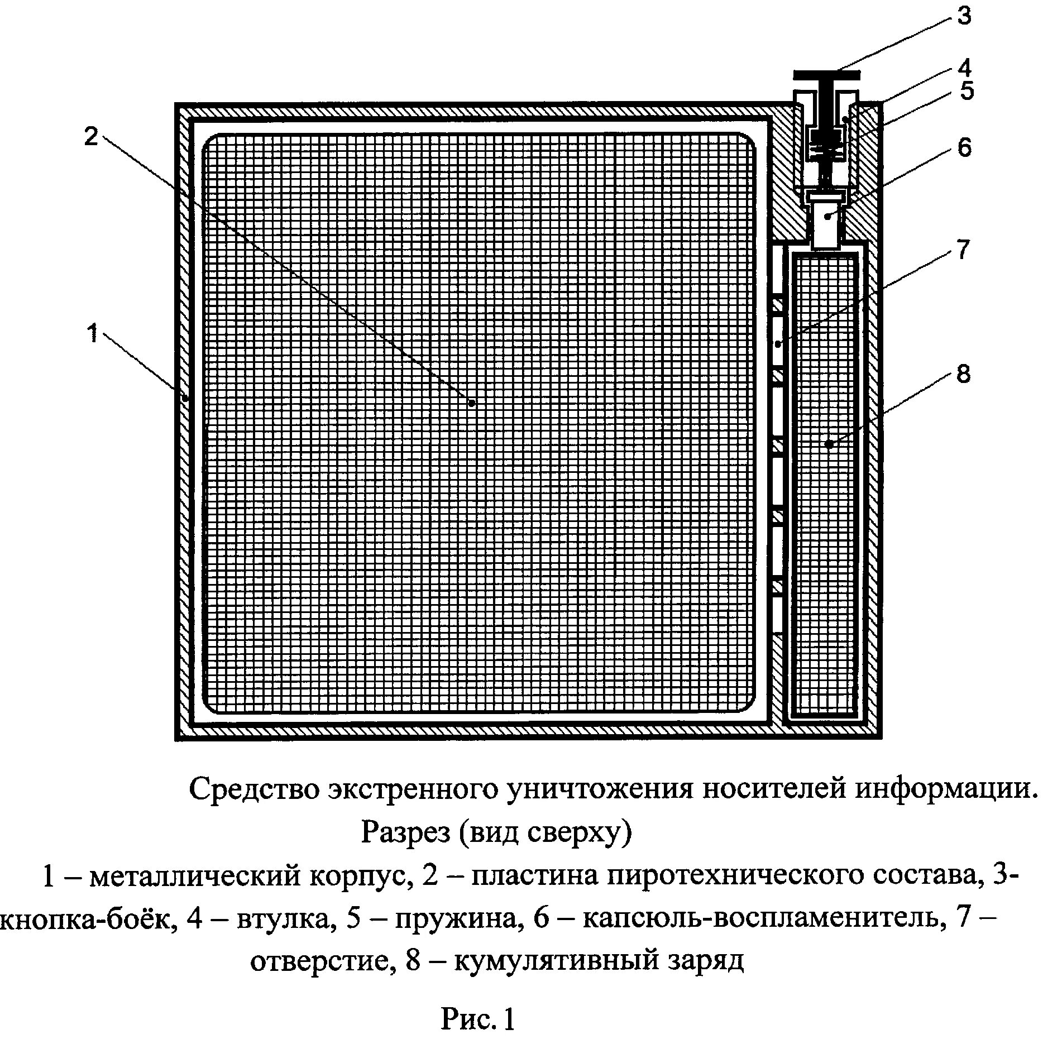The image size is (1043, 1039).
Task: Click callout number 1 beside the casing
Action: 93,335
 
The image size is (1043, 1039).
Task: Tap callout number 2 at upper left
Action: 91,136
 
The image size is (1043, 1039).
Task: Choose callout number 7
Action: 963,250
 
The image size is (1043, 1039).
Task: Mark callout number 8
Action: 963,374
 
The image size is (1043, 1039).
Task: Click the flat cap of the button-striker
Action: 827,75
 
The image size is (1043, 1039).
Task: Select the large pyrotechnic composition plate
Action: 480,424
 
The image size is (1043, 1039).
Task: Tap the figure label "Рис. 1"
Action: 477,1019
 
